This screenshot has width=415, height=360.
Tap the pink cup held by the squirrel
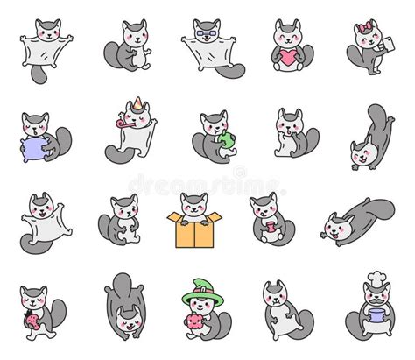click(271, 229)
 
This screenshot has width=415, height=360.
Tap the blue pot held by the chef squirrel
click(377, 325)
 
